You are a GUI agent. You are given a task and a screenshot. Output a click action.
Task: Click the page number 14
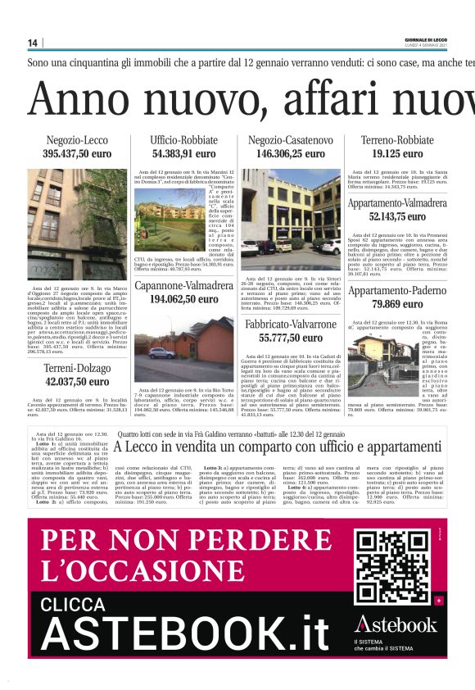tap(33, 43)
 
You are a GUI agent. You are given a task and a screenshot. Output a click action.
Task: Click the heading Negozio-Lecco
tap(77, 140)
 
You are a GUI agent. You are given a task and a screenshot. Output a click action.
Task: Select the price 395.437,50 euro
tap(77, 153)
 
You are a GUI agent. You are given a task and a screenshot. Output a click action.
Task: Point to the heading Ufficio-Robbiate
tap(183, 140)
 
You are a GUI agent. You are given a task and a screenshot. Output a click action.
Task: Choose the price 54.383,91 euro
tap(183, 153)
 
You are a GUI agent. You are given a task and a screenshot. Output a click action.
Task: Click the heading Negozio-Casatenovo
tap(290, 140)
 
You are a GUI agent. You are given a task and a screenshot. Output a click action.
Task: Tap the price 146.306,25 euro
tap(290, 153)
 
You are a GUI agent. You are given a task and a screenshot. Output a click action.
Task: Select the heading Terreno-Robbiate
tap(397, 140)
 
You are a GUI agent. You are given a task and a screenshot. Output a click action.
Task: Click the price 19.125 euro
tap(397, 153)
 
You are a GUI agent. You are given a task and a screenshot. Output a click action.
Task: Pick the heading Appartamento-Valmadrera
tap(397, 203)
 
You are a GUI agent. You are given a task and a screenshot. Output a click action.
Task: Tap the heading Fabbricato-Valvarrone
tap(290, 325)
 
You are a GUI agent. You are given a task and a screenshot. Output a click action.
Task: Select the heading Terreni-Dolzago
tap(77, 368)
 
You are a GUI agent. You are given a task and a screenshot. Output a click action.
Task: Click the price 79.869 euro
tap(397, 303)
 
